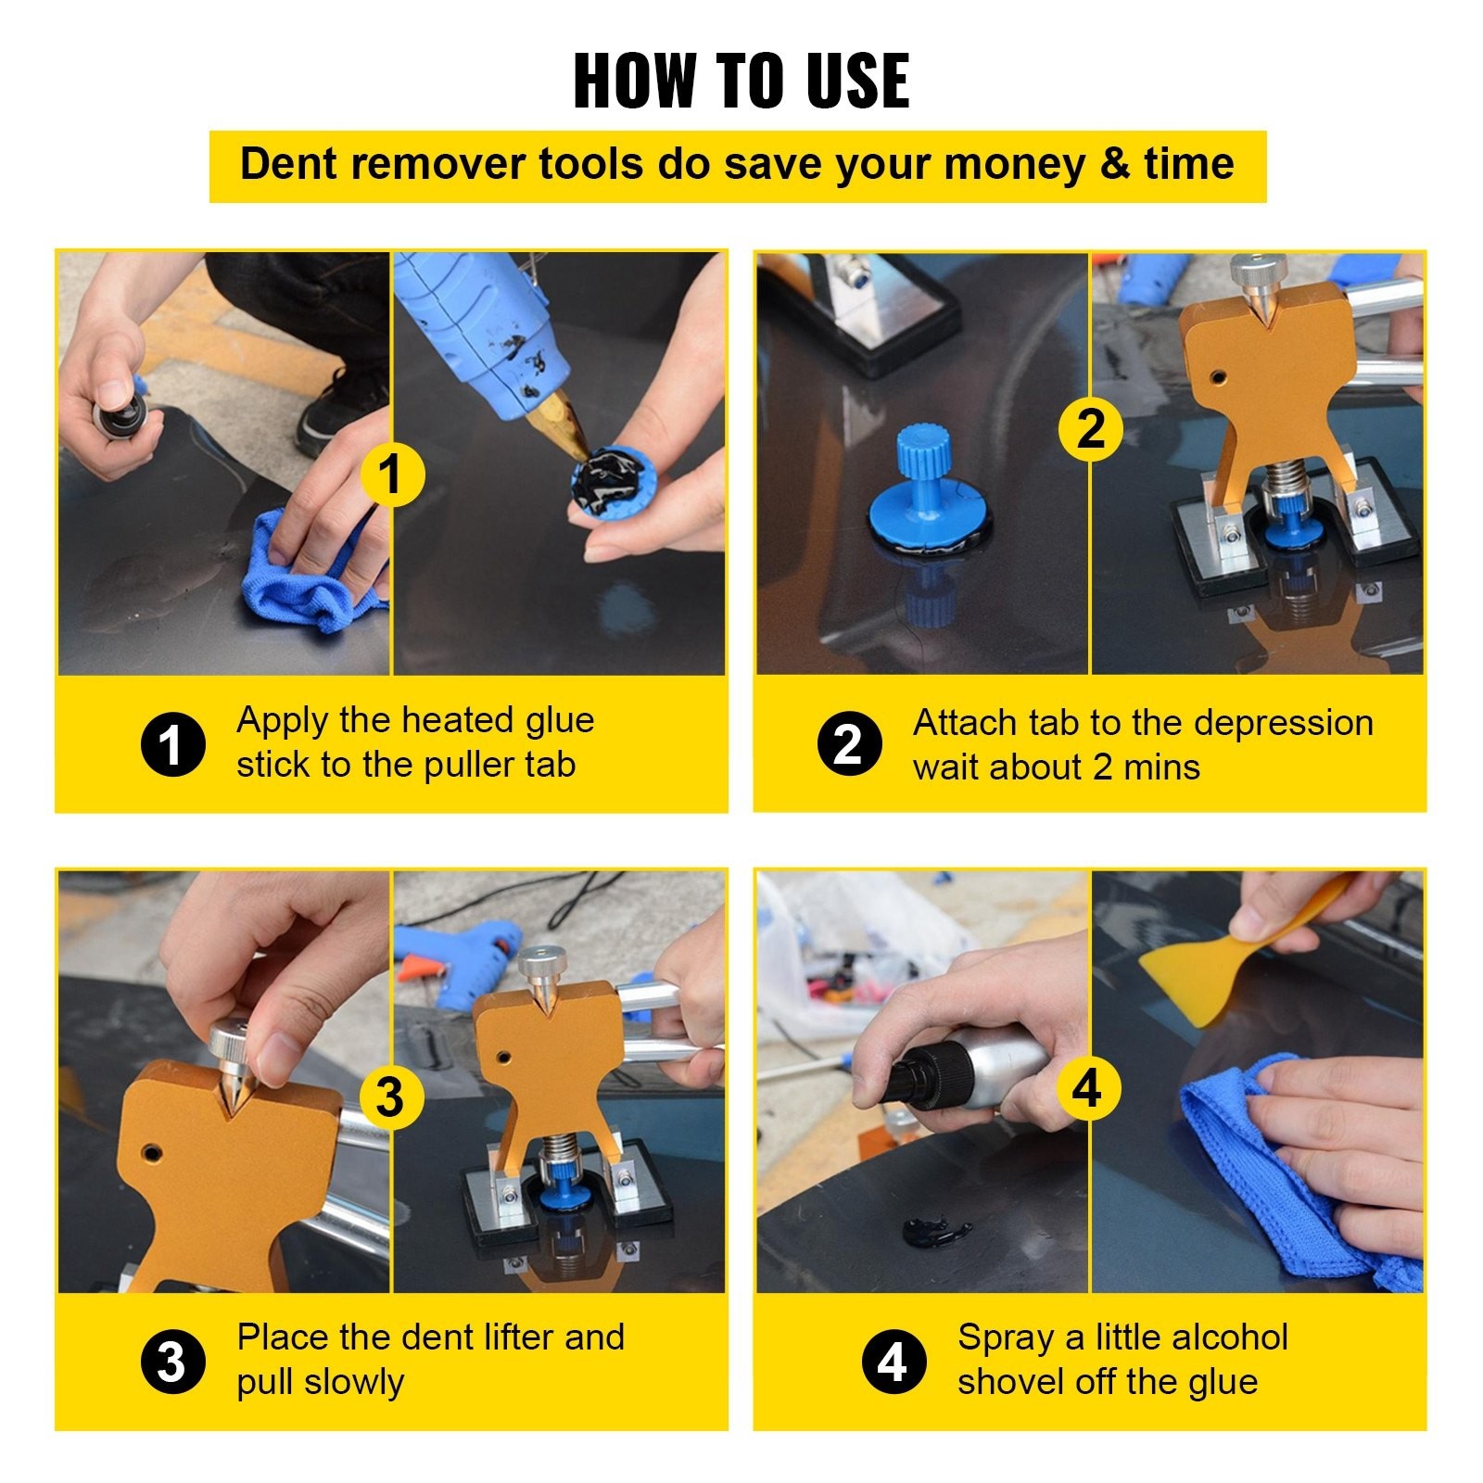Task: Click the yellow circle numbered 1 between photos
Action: (392, 475)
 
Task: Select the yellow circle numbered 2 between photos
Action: (1091, 429)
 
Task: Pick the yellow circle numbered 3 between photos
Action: (390, 1097)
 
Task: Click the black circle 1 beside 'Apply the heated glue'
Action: (172, 744)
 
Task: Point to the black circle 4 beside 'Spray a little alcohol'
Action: (894, 1363)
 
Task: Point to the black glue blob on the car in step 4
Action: (935, 1232)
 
